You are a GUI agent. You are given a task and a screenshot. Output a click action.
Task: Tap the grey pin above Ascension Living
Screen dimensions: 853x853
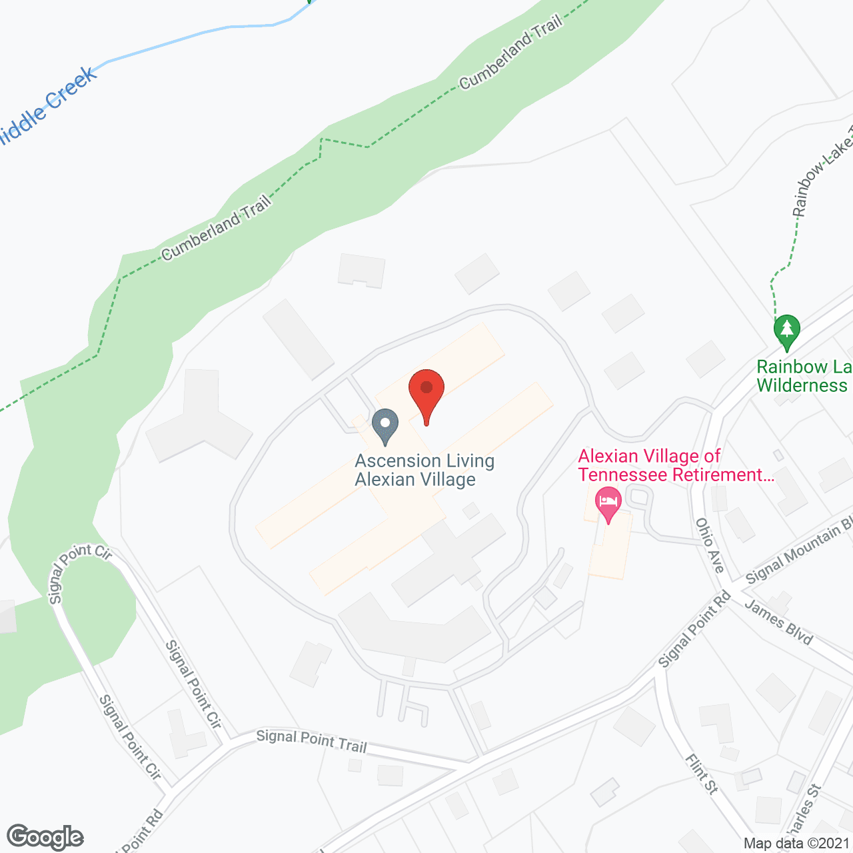pyautogui.click(x=385, y=425)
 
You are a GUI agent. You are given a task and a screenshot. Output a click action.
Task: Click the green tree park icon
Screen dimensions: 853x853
pyautogui.click(x=787, y=331)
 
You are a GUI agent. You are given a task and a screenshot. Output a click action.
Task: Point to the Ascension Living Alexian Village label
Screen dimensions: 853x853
pyautogui.click(x=424, y=470)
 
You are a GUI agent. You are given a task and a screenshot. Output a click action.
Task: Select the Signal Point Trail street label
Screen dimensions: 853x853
pyautogui.click(x=311, y=740)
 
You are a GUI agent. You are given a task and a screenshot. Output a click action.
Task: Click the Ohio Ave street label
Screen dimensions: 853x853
pyautogui.click(x=710, y=544)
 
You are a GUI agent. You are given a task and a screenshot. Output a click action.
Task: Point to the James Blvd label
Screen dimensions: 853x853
pyautogui.click(x=778, y=622)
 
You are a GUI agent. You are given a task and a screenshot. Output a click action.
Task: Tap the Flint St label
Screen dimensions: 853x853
pyautogui.click(x=702, y=774)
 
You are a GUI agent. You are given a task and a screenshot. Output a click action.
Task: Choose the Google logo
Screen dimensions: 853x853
pyautogui.click(x=45, y=837)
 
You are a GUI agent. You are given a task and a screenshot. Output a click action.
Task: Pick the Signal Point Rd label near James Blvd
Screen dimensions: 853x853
pyautogui.click(x=694, y=629)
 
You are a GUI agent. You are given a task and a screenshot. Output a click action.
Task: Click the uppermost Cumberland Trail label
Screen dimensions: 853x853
pyautogui.click(x=511, y=53)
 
